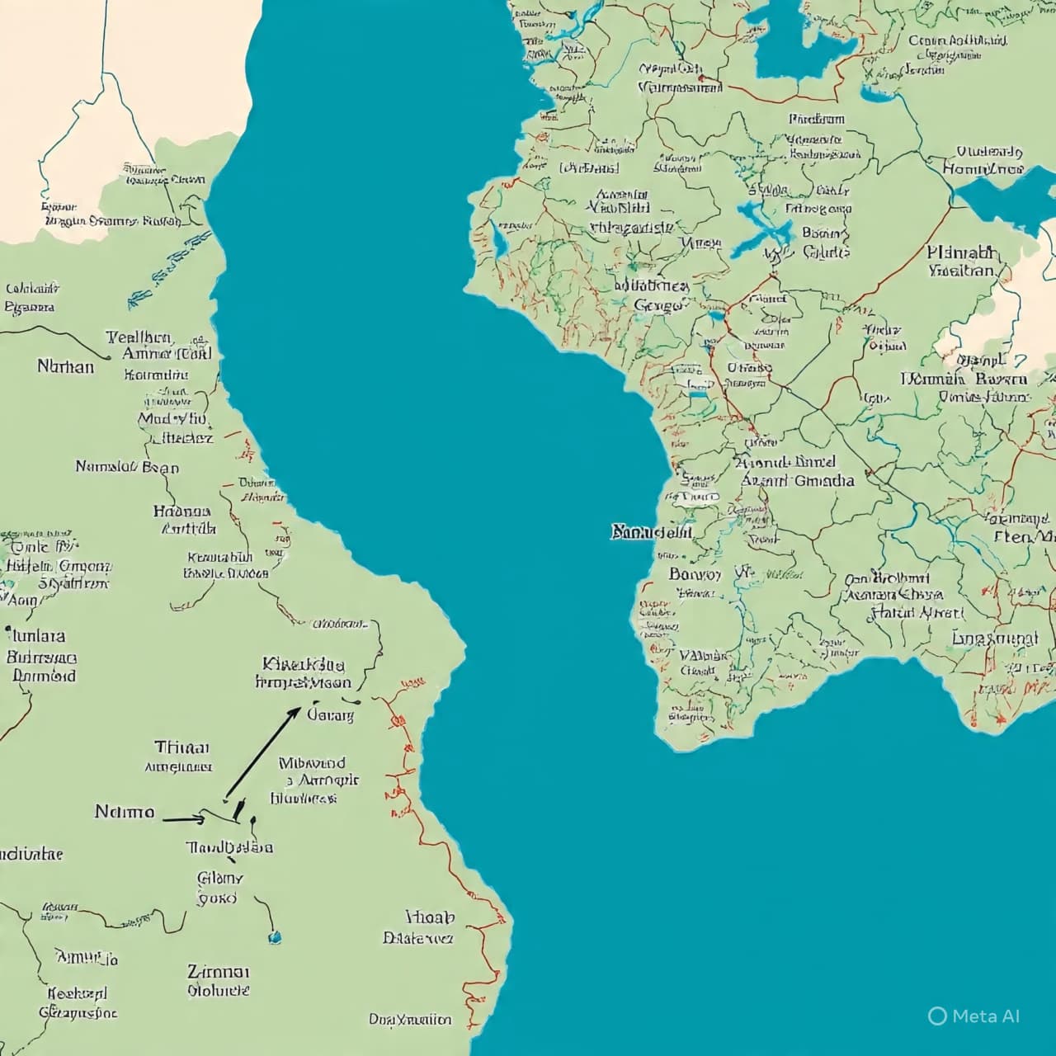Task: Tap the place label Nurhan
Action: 65,365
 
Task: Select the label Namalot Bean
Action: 127,467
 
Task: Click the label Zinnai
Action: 218,971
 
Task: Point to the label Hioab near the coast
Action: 430,917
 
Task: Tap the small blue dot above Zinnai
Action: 275,937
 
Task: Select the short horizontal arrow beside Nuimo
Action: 183,819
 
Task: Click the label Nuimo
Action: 124,812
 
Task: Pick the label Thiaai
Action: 181,747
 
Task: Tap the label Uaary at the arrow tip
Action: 330,715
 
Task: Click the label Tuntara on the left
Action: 36,636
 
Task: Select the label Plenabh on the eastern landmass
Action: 961,252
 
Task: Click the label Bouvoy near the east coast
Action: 695,573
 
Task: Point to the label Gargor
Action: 659,305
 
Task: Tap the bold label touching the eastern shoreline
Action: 650,532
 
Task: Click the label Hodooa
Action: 181,511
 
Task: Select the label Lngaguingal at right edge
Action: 994,639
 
